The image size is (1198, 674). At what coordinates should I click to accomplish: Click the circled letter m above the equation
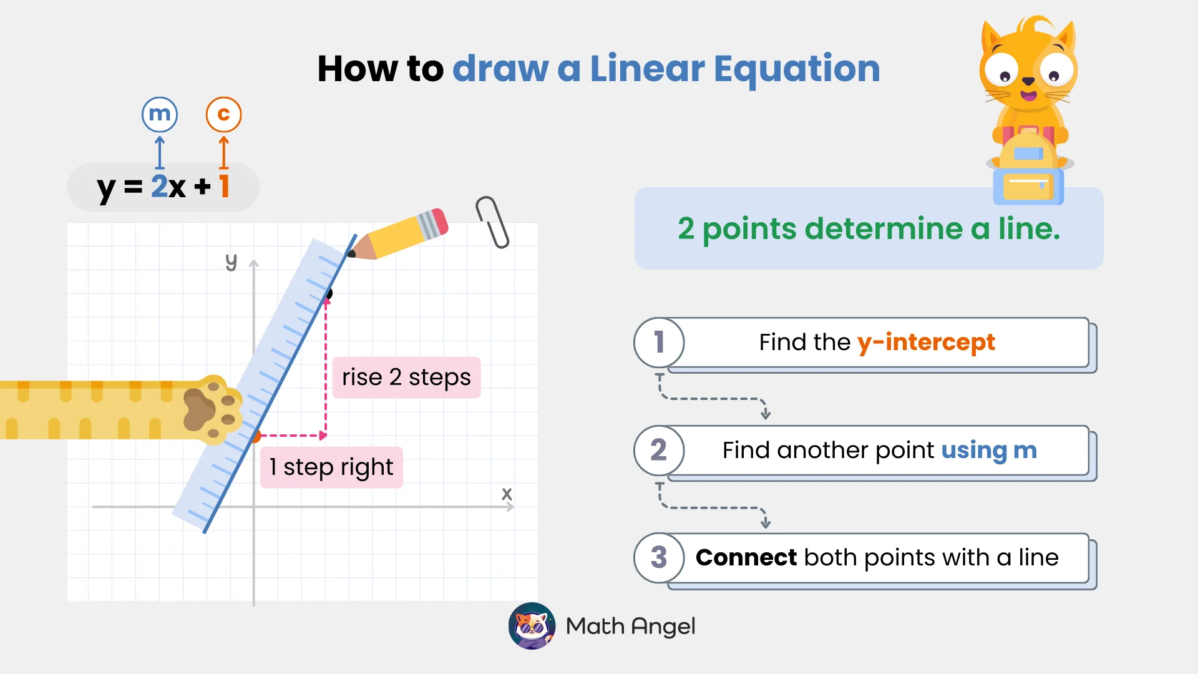pyautogui.click(x=160, y=114)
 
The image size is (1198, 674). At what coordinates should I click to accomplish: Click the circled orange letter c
pyautogui.click(x=223, y=114)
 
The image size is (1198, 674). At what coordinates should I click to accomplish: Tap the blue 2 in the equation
pyautogui.click(x=159, y=186)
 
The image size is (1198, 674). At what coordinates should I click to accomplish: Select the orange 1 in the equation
pyautogui.click(x=225, y=186)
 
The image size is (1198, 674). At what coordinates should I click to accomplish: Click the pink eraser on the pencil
pyautogui.click(x=440, y=222)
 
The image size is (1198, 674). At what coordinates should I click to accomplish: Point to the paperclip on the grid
pyautogui.click(x=492, y=222)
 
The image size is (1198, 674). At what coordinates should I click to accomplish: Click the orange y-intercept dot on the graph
pyautogui.click(x=255, y=436)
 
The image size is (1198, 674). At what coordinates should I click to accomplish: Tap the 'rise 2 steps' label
pyautogui.click(x=406, y=377)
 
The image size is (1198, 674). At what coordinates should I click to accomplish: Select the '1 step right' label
pyautogui.click(x=331, y=467)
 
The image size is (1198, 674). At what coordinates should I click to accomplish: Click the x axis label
pyautogui.click(x=507, y=494)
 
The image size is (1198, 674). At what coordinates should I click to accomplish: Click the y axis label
pyautogui.click(x=231, y=261)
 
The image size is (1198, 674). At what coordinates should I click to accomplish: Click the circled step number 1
pyautogui.click(x=659, y=342)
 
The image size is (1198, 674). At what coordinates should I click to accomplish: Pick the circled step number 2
pyautogui.click(x=659, y=450)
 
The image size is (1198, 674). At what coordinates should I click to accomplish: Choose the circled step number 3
pyautogui.click(x=659, y=557)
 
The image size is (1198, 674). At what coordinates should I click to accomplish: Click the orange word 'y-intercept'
pyautogui.click(x=926, y=342)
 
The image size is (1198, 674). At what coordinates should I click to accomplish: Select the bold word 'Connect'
pyautogui.click(x=746, y=557)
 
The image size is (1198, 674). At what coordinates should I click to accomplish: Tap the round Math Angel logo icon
pyautogui.click(x=532, y=625)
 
